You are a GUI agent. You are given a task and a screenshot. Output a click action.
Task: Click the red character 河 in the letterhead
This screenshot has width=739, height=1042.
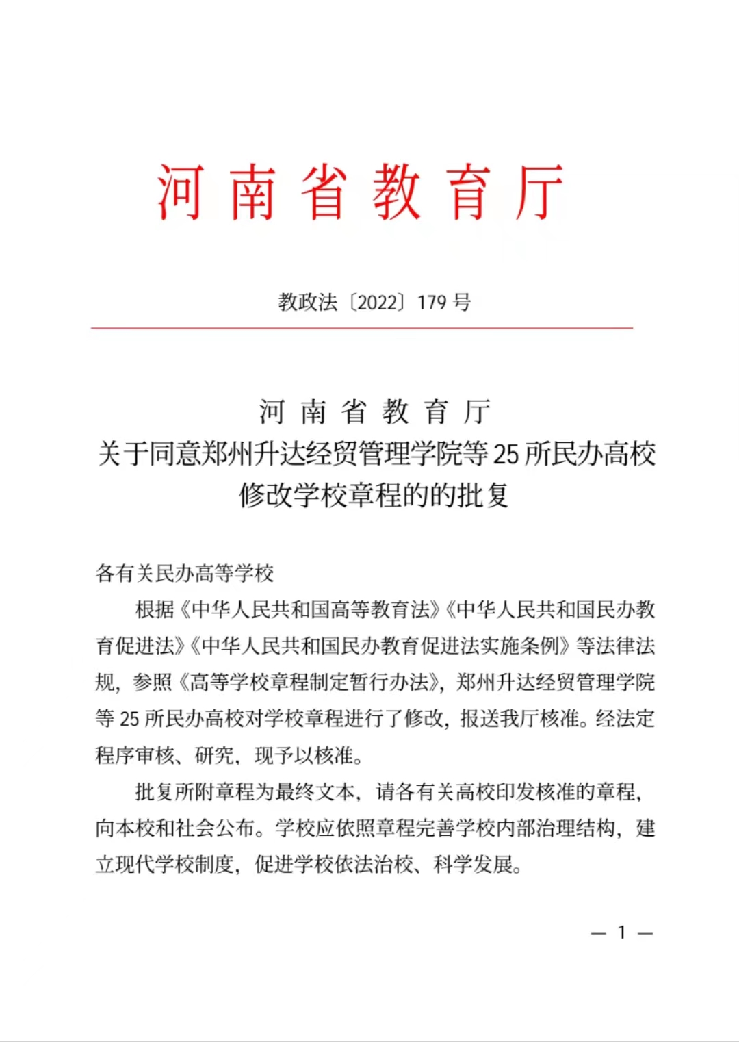[181, 192]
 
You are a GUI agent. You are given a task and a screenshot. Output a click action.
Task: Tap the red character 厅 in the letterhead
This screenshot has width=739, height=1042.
[540, 192]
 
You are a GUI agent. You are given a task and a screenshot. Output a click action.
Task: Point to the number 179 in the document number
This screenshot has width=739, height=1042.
[432, 302]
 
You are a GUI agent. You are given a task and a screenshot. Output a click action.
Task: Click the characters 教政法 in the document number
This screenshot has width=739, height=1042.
[307, 302]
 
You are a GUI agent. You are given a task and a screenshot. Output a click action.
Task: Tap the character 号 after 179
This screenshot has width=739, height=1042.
[463, 302]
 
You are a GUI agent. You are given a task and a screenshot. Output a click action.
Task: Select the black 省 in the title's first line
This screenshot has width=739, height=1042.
[354, 412]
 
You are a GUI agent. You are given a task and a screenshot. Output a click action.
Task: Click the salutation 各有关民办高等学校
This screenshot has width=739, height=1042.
[185, 573]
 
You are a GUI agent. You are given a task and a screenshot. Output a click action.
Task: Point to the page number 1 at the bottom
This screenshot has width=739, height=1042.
[622, 932]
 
